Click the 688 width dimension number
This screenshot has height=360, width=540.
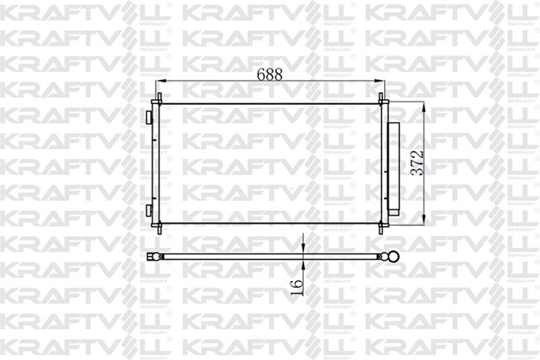[x=270, y=74]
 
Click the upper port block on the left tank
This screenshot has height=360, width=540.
[x=149, y=117]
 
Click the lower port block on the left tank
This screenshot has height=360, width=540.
[x=149, y=210]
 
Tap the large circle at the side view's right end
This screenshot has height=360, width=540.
[x=393, y=256]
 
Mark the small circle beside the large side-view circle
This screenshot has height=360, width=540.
[x=381, y=257]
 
